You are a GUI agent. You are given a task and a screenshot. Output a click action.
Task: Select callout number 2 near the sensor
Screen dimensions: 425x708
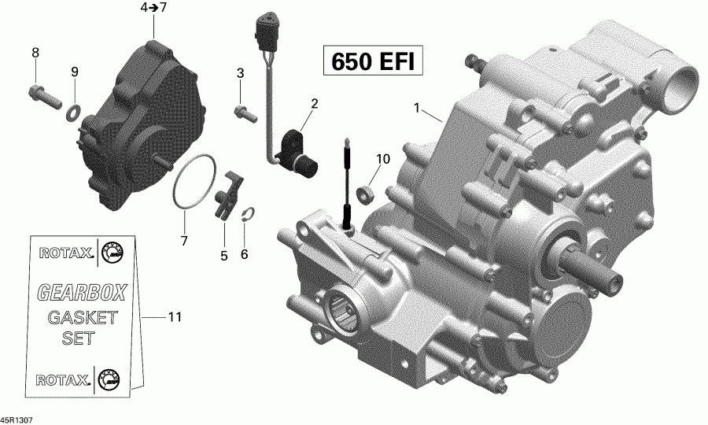[x=314, y=103]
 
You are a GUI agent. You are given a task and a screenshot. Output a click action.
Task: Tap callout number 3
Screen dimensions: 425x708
[x=241, y=73]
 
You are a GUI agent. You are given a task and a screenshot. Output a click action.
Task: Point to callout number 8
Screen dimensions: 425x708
[x=35, y=53]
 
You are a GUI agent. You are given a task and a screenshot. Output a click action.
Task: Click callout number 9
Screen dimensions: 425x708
[x=75, y=72]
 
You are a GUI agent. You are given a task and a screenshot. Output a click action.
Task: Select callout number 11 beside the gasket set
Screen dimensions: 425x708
[x=174, y=317]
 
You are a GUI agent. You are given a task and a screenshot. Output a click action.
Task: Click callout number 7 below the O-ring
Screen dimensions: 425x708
[x=184, y=240]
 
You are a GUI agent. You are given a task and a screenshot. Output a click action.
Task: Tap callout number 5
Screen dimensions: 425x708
[x=223, y=256]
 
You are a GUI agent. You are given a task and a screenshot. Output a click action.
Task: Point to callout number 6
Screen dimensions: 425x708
[x=244, y=254]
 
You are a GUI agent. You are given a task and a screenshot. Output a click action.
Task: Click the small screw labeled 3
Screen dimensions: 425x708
[x=245, y=114]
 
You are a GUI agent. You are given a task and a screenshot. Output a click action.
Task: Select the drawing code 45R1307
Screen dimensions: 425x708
[x=17, y=420]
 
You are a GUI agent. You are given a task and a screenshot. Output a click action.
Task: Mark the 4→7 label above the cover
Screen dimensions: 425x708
[x=153, y=8]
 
